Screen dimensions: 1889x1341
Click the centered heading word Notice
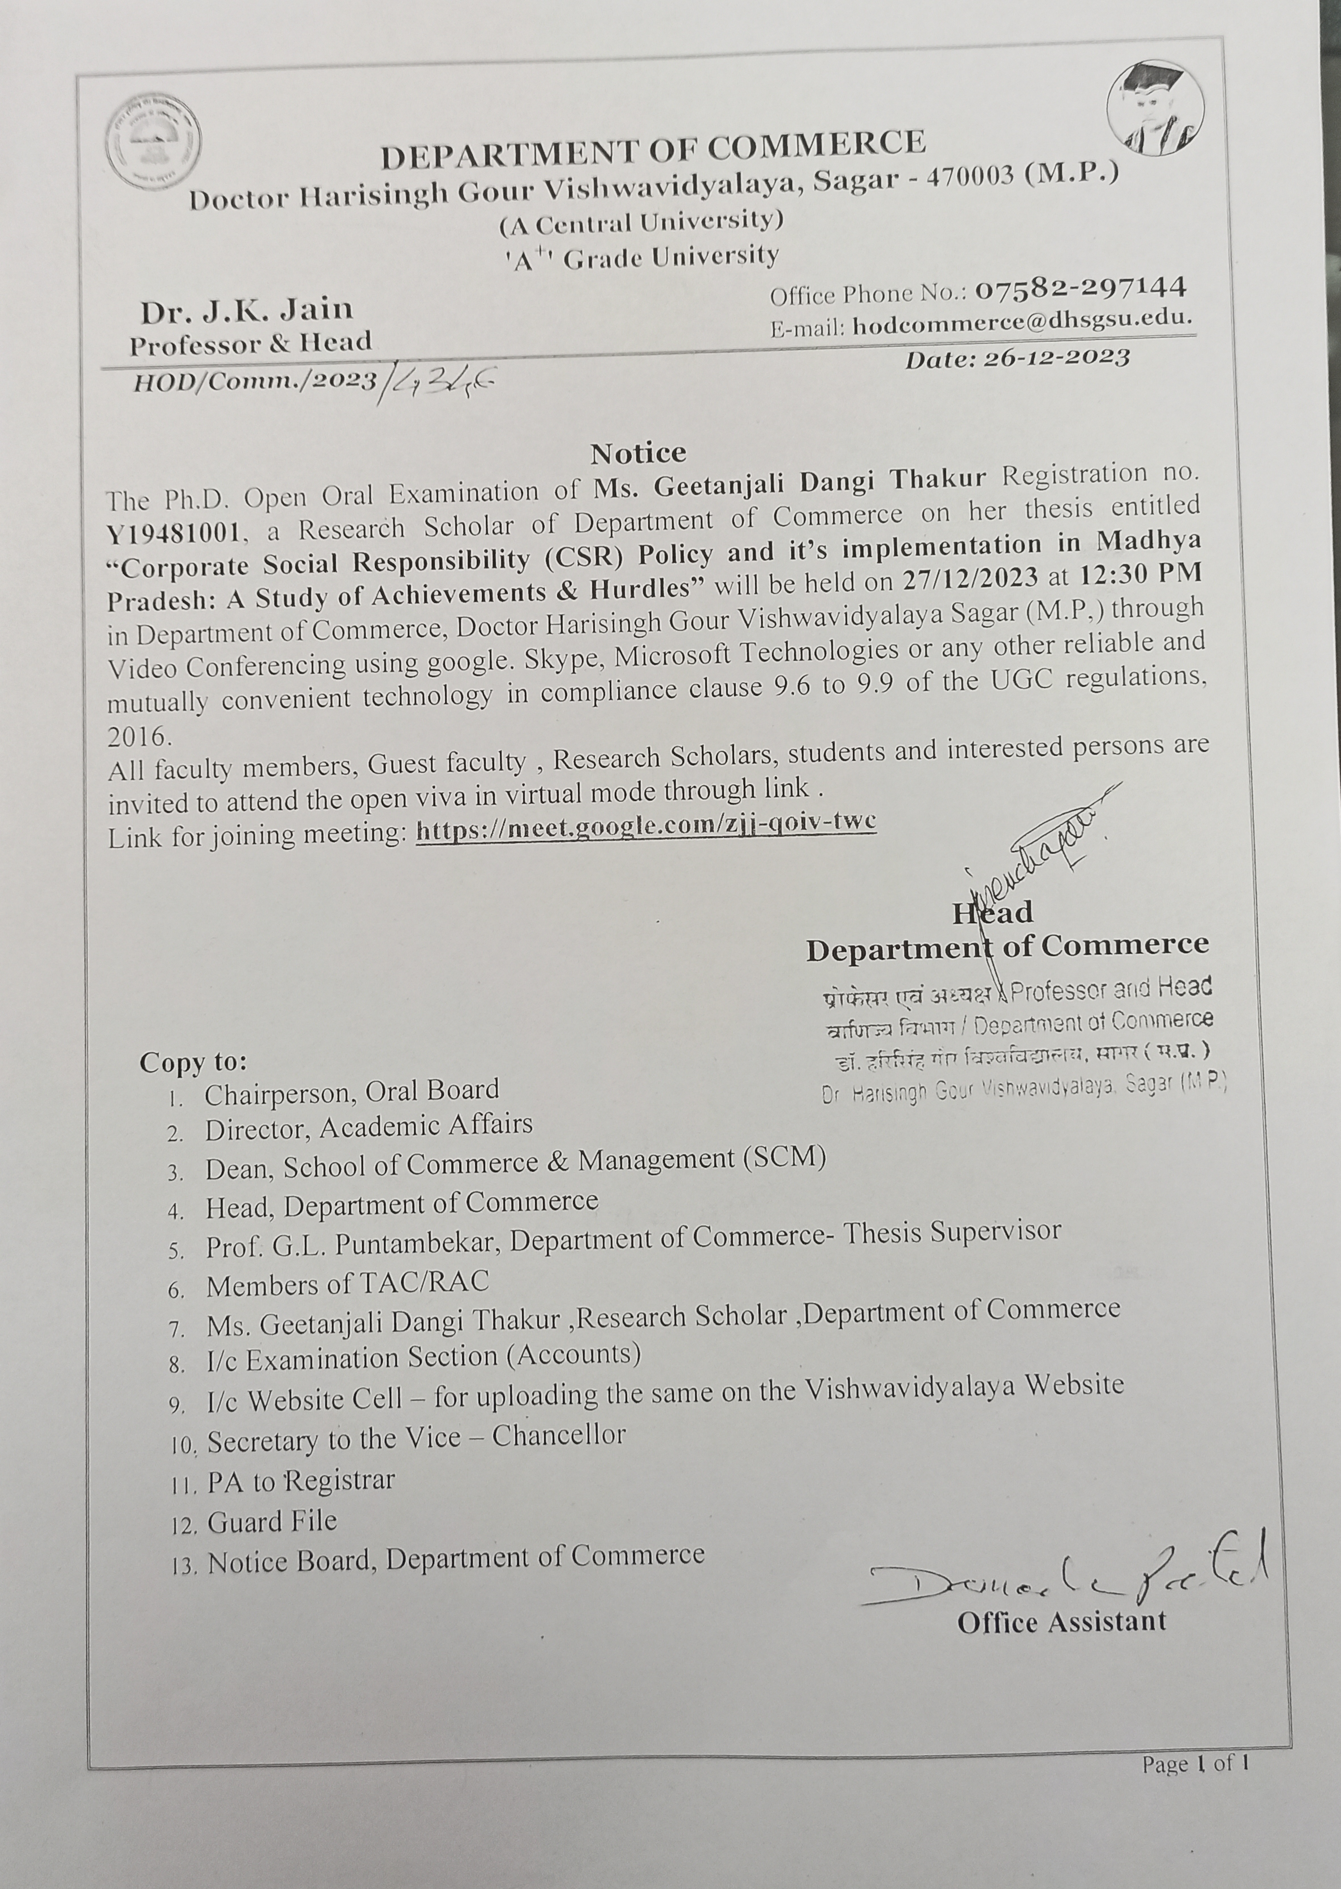(x=637, y=453)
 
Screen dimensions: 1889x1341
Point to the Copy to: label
(x=193, y=1061)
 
